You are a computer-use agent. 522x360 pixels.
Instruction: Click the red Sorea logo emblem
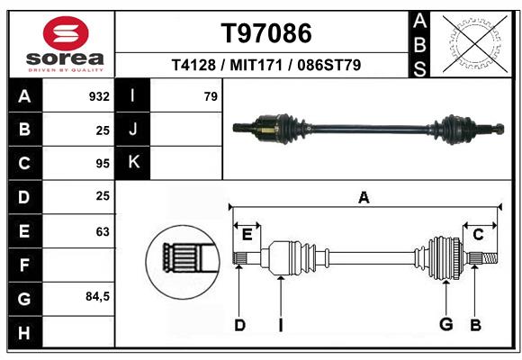66,33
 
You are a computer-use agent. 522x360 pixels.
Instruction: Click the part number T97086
266,33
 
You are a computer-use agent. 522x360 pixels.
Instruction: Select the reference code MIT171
256,65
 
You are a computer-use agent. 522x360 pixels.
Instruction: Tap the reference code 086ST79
328,65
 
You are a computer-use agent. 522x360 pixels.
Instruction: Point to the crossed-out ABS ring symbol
474,43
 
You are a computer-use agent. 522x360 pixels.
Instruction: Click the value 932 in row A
99,96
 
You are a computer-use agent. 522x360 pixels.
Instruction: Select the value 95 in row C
103,164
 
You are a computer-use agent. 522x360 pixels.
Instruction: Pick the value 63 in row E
103,231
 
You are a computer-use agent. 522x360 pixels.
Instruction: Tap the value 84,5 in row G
97,296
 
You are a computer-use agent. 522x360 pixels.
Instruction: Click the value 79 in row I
211,96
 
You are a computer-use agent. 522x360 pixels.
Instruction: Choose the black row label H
25,332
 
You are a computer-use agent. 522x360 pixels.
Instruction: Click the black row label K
133,163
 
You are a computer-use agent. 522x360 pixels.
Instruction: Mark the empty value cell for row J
186,130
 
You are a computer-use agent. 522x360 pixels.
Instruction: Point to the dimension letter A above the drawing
364,198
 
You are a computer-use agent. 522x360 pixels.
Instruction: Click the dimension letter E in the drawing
247,235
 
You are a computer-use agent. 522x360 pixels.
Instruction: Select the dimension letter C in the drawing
478,235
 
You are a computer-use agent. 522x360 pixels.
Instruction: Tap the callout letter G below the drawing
446,324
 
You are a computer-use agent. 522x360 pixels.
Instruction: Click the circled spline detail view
183,262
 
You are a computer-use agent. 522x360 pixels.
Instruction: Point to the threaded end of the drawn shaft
490,258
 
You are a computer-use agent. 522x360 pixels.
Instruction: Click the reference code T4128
193,65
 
